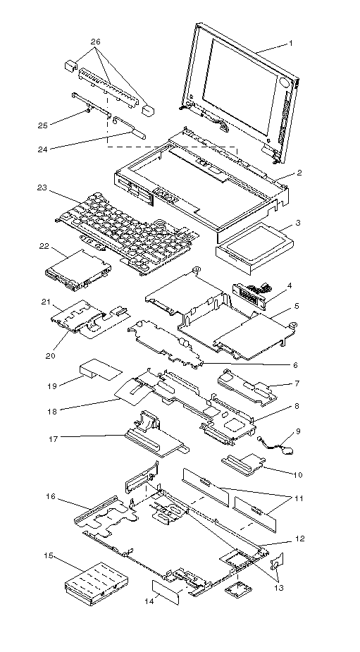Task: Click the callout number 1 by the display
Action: (x=291, y=43)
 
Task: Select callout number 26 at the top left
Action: (x=95, y=42)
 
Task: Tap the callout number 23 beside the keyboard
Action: (x=42, y=187)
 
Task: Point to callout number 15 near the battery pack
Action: (x=48, y=555)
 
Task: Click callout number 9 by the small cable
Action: (x=297, y=431)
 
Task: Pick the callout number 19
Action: (x=52, y=386)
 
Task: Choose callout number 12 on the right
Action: (x=299, y=539)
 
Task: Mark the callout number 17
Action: (x=54, y=438)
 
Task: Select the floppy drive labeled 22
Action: (x=77, y=270)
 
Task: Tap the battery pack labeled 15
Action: (x=97, y=584)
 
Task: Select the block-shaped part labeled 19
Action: (x=101, y=369)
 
